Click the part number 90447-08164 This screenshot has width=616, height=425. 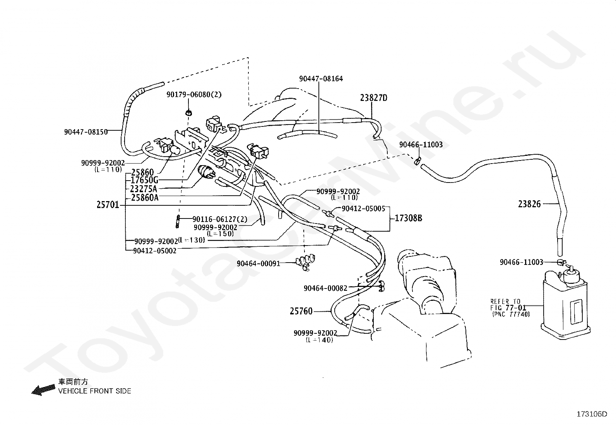click(x=321, y=79)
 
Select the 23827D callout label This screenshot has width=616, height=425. click(x=373, y=98)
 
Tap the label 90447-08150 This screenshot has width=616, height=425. click(x=86, y=132)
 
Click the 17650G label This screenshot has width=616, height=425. click(x=144, y=180)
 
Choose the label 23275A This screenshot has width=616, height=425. click(x=144, y=189)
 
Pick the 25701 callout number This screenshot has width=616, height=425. click(x=108, y=205)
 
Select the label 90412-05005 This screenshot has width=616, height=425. click(x=363, y=209)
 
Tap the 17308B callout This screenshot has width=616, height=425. click(x=408, y=218)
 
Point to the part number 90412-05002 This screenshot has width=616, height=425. click(x=155, y=251)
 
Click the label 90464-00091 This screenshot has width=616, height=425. click(x=258, y=263)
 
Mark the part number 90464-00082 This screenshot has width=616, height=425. click(x=325, y=288)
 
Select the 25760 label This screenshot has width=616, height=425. click(x=301, y=311)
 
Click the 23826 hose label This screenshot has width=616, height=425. click(x=529, y=204)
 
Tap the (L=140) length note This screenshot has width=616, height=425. click(x=319, y=340)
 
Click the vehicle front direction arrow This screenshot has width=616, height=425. click(x=43, y=390)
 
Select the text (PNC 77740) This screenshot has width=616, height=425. click(x=511, y=314)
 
